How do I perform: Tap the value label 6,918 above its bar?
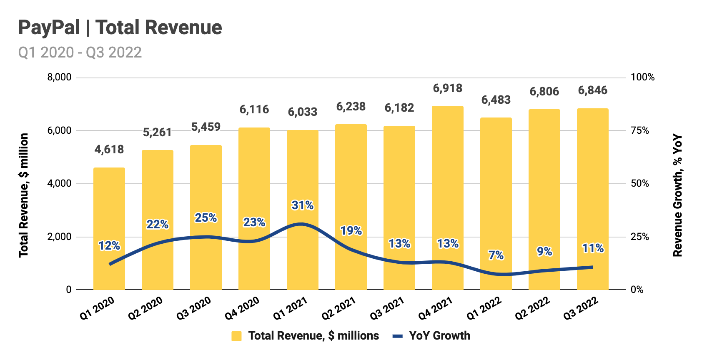447,88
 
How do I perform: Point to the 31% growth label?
302,205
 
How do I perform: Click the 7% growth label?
496,255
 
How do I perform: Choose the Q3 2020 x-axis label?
193,308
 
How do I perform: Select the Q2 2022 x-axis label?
532,308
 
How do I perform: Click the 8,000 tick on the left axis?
59,77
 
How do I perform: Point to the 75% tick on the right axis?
640,130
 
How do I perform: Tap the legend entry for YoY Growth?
431,336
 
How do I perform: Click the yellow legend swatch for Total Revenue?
236,336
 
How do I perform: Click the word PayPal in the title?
49,27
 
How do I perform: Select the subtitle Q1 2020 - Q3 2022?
80,52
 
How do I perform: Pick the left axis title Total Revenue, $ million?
24,195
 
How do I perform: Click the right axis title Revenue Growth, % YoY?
678,195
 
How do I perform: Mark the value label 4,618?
109,150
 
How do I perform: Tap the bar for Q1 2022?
496,204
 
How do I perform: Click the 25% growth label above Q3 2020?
206,218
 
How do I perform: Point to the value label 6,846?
592,90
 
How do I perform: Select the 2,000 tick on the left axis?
59,237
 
